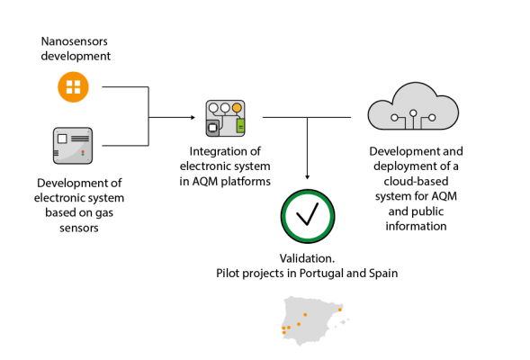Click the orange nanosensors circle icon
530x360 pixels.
tap(74, 87)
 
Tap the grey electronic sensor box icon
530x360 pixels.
tap(73, 146)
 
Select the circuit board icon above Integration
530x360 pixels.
tap(226, 118)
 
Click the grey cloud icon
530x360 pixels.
tap(413, 106)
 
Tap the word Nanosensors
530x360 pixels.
tap(75, 41)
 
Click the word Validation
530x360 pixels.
tap(307, 258)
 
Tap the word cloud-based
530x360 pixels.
tap(416, 181)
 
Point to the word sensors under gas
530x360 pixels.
tap(79, 229)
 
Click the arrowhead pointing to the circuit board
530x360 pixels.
tap(193, 117)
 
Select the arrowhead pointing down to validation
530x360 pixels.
tap(307, 176)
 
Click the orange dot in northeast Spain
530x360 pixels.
tap(340, 310)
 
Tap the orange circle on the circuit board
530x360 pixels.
tap(237, 108)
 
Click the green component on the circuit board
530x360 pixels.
tap(240, 126)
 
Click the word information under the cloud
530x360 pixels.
tap(416, 226)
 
